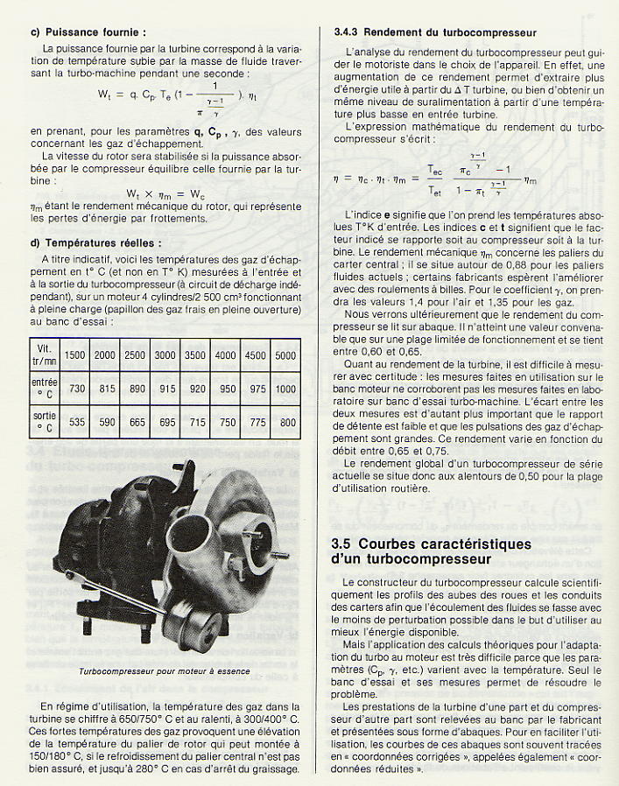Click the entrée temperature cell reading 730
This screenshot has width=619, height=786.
[x=76, y=389]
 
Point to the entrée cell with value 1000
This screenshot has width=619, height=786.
[x=285, y=389]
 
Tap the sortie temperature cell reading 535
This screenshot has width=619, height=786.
[x=76, y=422]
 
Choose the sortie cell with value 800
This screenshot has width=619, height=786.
[x=285, y=422]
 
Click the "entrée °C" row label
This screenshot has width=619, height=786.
[x=44, y=389]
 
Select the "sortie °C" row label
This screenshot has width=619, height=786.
[x=44, y=422]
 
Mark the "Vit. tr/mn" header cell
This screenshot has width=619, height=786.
[x=44, y=354]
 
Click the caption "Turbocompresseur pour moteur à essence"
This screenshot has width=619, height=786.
[x=164, y=671]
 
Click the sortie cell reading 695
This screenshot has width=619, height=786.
[x=165, y=422]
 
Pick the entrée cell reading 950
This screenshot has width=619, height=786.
[x=226, y=389]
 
